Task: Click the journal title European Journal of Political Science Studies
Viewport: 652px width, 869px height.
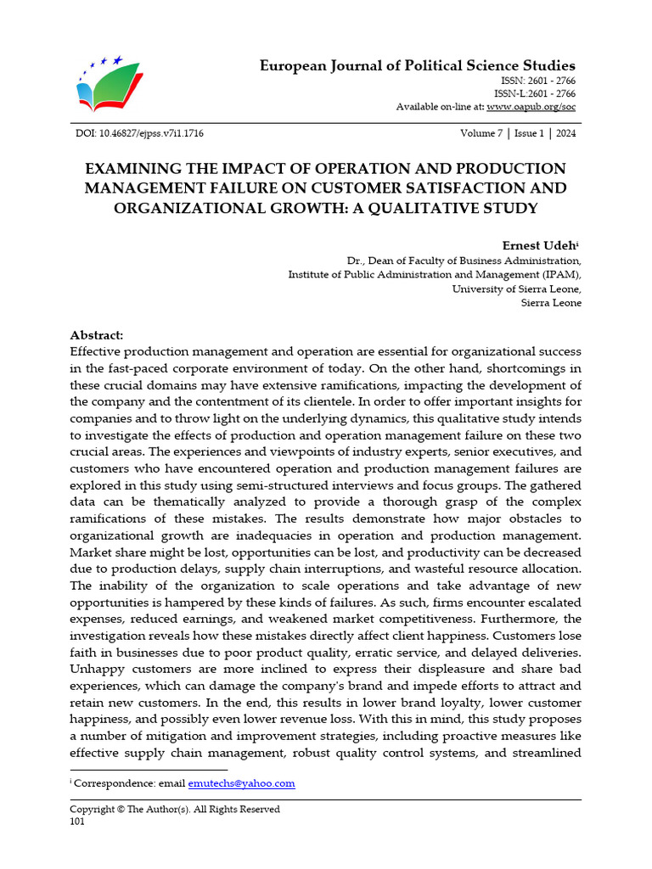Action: click(x=417, y=65)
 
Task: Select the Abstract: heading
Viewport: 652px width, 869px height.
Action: click(x=96, y=335)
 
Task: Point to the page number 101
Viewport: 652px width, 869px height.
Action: click(x=77, y=821)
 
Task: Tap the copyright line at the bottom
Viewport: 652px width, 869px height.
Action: click(x=174, y=809)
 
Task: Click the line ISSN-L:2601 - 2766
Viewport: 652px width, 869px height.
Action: click(x=534, y=93)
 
